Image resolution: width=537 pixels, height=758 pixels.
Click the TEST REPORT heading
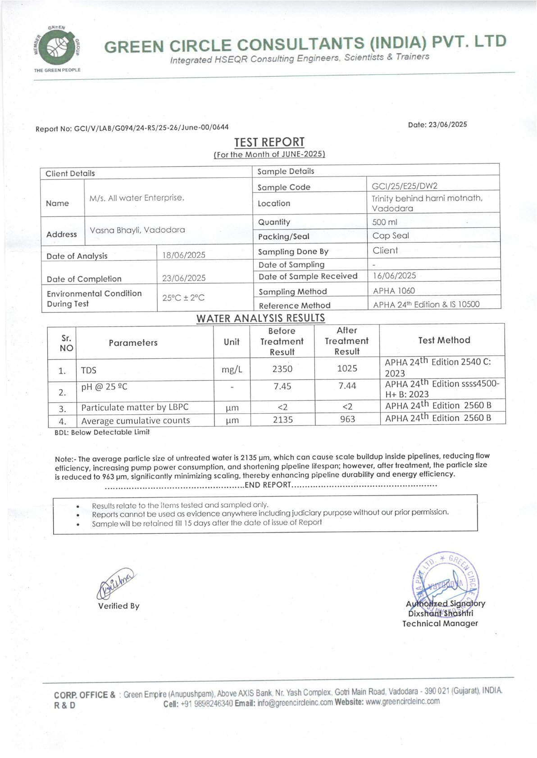click(x=269, y=142)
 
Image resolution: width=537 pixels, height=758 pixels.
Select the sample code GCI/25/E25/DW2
click(x=405, y=186)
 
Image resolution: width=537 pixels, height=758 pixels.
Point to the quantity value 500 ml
click(x=385, y=222)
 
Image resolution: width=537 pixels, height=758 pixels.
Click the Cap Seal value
click(x=391, y=235)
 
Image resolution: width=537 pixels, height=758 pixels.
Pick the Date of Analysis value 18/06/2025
click(x=184, y=255)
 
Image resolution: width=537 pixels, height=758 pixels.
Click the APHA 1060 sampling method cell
click(x=394, y=291)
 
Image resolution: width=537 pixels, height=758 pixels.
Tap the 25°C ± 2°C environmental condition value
click(x=183, y=298)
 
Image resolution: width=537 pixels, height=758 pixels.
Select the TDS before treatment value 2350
click(x=282, y=369)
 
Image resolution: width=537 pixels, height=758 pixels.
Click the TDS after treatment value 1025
click(x=347, y=368)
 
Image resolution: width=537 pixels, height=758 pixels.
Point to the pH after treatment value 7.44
click(x=347, y=386)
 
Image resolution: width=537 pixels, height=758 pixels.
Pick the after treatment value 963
click(x=347, y=419)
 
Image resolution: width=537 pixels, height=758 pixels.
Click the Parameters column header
click(x=133, y=343)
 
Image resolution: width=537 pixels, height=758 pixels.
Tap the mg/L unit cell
click(x=232, y=370)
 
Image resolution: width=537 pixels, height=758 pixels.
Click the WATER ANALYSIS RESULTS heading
click(x=260, y=318)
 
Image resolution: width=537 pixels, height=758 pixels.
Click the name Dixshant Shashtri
click(x=440, y=614)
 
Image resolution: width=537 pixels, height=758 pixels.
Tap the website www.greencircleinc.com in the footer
click(x=402, y=701)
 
